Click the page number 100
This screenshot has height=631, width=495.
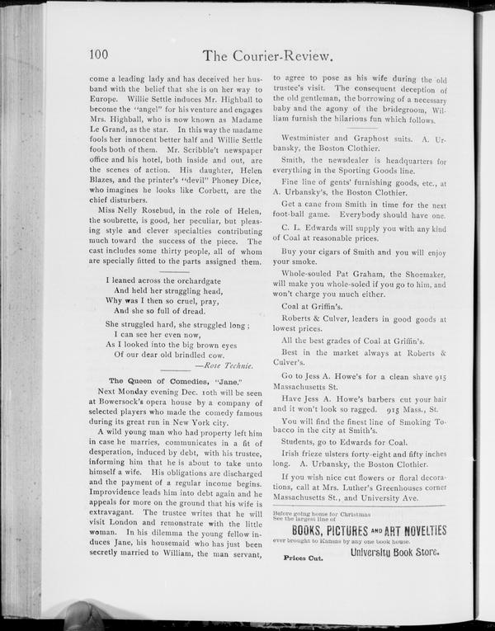pos(99,55)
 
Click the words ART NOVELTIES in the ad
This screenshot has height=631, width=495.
pos(410,530)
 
